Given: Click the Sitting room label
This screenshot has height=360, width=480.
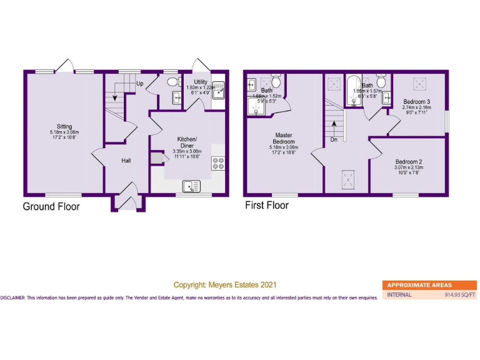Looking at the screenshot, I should point(64,126).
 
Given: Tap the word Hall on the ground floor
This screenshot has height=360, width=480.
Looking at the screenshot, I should point(126,161).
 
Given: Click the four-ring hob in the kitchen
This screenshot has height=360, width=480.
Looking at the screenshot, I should point(219,164).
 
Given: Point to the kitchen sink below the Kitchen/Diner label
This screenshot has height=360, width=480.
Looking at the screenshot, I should point(192,186).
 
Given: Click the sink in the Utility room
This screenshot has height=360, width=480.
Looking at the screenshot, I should point(218,91).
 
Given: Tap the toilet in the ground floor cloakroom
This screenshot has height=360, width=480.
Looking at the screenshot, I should point(172,82).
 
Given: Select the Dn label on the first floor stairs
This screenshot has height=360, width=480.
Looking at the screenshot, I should point(334,140).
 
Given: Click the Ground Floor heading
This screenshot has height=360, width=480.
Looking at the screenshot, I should point(51,207).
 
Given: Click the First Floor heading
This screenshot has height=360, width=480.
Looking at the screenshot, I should point(266,205).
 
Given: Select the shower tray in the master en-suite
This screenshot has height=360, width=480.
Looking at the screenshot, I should point(257,109).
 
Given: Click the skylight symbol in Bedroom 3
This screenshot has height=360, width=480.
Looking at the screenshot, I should point(417,83).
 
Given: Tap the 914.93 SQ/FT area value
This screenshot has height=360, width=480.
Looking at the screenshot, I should point(459,295).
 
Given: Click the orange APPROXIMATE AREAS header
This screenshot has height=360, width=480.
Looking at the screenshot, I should point(419,285).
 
